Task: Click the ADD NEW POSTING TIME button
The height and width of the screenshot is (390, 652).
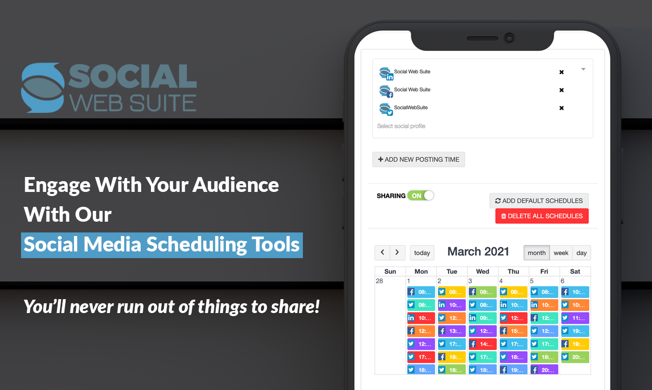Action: pos(418,160)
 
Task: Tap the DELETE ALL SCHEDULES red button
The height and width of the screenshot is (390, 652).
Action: pos(542,216)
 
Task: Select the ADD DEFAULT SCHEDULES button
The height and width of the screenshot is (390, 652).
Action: pos(539,201)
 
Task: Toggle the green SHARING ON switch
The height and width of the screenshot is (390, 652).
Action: pos(420,196)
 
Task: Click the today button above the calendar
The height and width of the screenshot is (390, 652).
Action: pos(422,253)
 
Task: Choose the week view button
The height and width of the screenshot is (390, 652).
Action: pos(561,253)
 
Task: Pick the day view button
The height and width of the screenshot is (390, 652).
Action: pos(582,253)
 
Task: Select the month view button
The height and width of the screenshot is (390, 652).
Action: pos(536,253)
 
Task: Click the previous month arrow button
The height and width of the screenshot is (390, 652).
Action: pos(382,252)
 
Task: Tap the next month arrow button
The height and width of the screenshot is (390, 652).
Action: pos(397,252)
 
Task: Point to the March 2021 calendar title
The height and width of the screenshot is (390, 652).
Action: pos(478,251)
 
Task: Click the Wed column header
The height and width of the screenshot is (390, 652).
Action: pos(483,271)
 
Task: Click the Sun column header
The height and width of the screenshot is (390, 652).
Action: pos(390,271)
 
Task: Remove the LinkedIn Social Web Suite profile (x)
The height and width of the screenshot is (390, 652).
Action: pos(562,72)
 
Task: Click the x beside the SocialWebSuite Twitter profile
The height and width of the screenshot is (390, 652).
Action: pos(562,108)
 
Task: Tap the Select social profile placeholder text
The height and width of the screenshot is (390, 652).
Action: pos(401,126)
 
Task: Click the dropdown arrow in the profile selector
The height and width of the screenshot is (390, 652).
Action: pos(583,69)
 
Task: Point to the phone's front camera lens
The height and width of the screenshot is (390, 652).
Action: pos(509,38)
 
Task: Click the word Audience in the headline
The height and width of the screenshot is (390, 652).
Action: pos(236,185)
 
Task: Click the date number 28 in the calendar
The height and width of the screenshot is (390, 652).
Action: pos(379,281)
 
